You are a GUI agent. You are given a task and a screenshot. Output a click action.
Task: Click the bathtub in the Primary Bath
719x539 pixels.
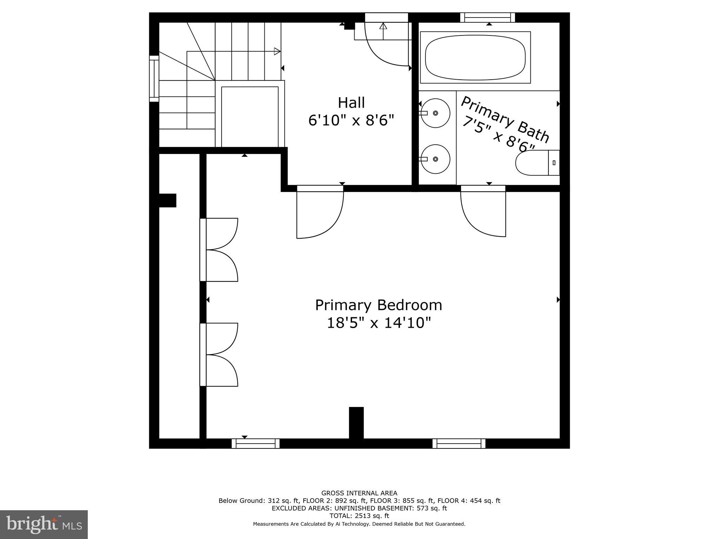(475, 57)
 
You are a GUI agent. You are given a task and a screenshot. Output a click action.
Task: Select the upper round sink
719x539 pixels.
(435, 113)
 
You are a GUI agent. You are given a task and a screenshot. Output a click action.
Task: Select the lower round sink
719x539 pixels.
(435, 159)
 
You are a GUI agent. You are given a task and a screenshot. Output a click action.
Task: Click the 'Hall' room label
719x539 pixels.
(351, 103)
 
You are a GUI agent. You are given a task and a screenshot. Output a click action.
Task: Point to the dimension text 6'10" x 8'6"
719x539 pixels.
(351, 121)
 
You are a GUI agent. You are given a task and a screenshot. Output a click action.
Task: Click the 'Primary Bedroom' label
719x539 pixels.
(378, 305)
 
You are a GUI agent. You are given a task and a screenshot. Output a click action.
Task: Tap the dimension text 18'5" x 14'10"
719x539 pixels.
(378, 323)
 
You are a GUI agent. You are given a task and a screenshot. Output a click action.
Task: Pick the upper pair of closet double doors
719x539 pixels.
(219, 249)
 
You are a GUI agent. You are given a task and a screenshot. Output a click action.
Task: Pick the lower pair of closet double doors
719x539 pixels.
(219, 354)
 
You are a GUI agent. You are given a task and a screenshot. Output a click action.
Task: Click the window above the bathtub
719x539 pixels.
(487, 17)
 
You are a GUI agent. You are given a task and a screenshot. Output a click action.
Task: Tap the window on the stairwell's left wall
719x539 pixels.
(154, 79)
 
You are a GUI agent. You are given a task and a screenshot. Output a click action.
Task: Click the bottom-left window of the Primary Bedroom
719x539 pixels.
(256, 444)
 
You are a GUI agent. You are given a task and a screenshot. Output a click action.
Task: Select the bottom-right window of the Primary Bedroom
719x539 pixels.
(459, 444)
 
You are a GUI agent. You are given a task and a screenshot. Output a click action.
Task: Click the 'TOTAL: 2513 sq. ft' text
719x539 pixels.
(359, 516)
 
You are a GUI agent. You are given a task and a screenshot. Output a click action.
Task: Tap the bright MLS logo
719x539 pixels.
(44, 524)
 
